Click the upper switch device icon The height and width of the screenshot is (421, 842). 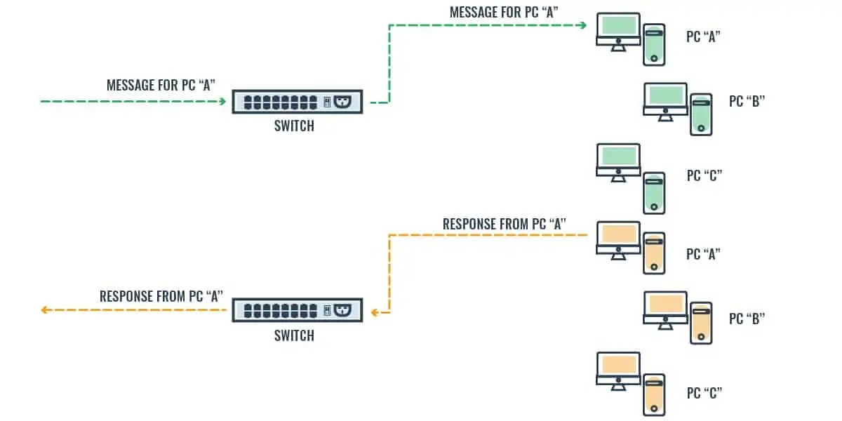297,102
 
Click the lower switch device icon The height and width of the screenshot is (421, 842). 297,310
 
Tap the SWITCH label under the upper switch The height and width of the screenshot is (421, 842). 294,127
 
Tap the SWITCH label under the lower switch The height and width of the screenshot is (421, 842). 294,335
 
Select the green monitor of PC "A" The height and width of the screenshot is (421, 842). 618,29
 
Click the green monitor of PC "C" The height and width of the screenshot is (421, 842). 618,161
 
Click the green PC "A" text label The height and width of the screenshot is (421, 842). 704,37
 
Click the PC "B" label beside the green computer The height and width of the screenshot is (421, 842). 747,101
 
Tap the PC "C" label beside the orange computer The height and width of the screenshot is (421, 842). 704,392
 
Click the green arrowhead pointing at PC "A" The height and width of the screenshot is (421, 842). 583,26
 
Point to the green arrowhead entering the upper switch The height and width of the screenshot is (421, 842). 222,102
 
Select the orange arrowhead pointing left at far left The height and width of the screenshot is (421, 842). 44,309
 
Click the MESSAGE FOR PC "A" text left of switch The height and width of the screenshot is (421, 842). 161,85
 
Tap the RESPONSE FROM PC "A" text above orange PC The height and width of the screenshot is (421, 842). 504,224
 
